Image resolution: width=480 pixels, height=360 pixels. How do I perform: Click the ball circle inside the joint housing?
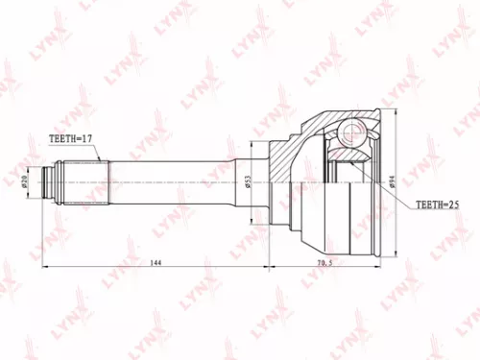click(x=349, y=129)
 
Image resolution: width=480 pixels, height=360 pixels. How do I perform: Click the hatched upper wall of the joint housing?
click(x=305, y=132)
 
